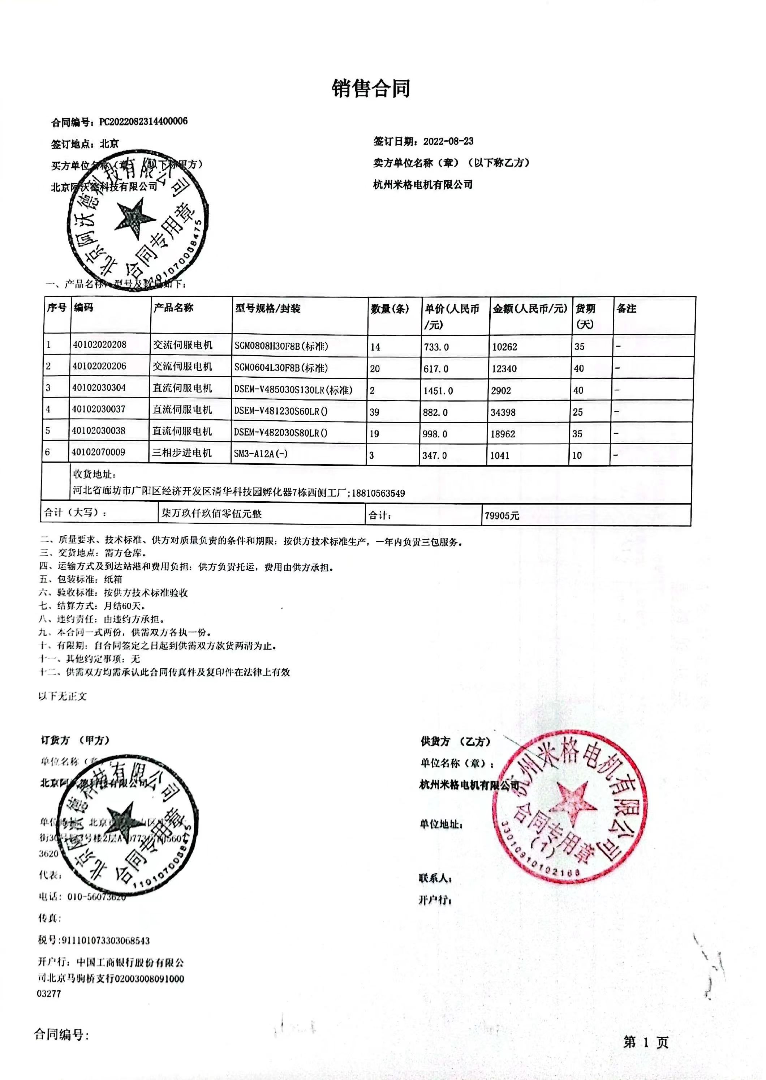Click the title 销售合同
(371, 88)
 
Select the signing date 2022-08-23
(448, 141)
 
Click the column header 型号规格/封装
(268, 309)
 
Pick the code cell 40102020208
(99, 344)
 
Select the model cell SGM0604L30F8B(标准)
(281, 368)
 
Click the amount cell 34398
(503, 412)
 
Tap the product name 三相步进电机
(182, 453)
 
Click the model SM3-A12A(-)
(261, 454)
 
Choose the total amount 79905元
(502, 516)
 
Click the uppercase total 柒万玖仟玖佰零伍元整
(211, 513)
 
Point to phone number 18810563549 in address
(378, 493)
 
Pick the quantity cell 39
(375, 412)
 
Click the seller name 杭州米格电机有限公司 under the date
(423, 184)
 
